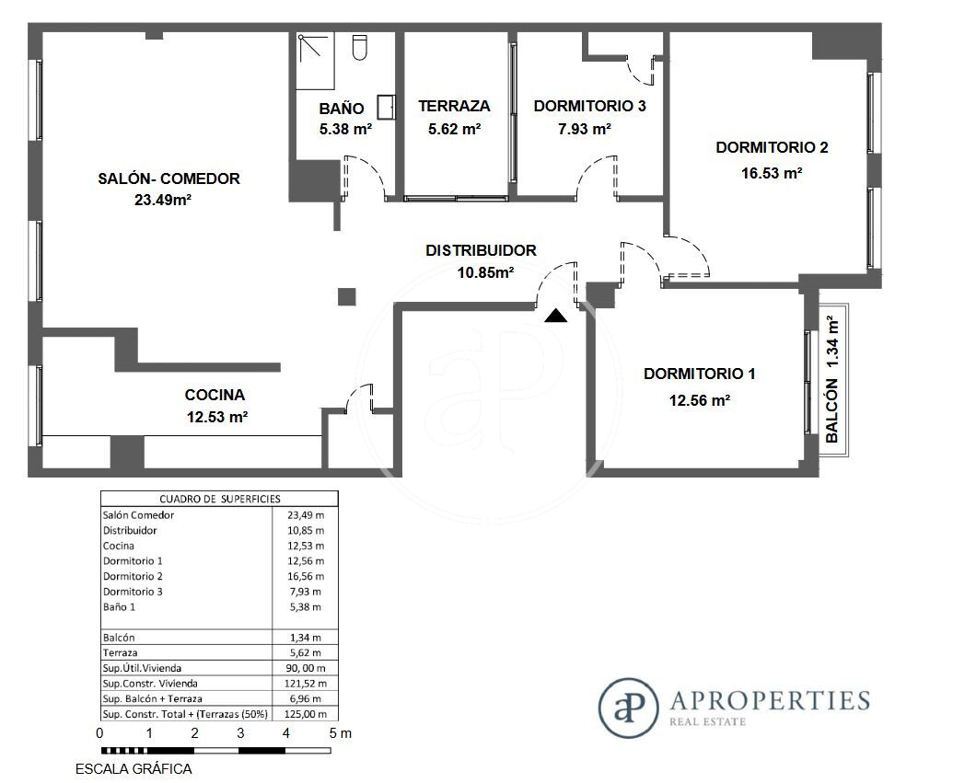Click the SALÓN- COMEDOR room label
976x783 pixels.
[168, 178]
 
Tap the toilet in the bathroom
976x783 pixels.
[359, 48]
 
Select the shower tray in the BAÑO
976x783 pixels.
[315, 61]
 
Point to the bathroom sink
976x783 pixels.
[387, 107]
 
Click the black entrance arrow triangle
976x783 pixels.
[556, 317]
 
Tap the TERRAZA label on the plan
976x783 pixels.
[454, 107]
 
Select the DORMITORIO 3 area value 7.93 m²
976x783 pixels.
[585, 130]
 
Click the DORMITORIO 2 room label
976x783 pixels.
[772, 147]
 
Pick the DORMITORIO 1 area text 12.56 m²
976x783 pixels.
[700, 400]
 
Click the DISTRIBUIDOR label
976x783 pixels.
[481, 250]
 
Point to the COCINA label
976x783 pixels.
[215, 395]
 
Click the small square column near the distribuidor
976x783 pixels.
[347, 296]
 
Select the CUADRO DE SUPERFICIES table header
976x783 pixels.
[220, 499]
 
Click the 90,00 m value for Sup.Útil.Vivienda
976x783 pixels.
[305, 668]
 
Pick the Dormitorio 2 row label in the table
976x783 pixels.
[133, 577]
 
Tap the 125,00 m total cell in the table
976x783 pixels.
[305, 714]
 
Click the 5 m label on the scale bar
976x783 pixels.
[340, 733]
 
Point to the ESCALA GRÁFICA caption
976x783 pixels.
[134, 769]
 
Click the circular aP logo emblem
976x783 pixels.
[628, 708]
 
